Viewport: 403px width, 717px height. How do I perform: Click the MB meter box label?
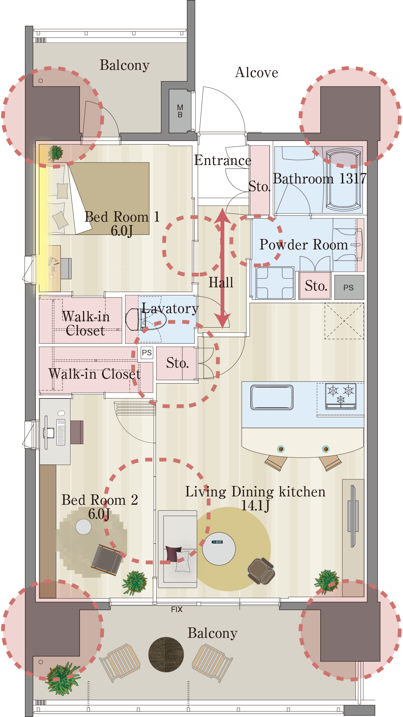(x=180, y=111)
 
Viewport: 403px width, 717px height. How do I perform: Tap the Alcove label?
(x=257, y=73)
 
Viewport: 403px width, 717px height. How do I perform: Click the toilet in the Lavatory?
(x=136, y=319)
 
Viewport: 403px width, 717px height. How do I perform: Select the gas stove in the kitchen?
(x=340, y=396)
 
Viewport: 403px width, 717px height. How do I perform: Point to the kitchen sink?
(x=272, y=397)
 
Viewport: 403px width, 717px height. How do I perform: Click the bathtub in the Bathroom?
(x=343, y=180)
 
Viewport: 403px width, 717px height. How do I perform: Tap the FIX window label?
(x=176, y=609)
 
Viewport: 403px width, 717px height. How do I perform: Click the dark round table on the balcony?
(x=166, y=654)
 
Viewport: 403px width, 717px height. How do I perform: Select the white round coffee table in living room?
(x=219, y=549)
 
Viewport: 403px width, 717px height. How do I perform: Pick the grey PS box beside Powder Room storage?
(x=349, y=287)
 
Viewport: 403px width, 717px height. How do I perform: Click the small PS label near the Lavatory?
(x=147, y=353)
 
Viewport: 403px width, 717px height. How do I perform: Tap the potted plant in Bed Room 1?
(x=55, y=153)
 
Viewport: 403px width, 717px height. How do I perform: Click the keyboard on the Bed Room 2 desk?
(x=61, y=432)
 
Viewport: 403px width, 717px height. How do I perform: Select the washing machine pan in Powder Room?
(x=275, y=283)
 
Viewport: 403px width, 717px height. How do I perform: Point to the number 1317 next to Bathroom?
(x=353, y=179)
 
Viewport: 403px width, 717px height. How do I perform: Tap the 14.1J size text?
(x=255, y=505)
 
